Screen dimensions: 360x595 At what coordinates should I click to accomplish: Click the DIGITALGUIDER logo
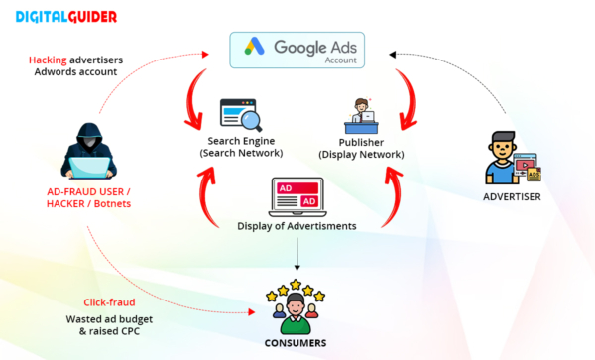67,17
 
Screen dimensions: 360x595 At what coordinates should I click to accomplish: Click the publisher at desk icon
358,116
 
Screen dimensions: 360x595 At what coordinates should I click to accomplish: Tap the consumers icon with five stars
297,308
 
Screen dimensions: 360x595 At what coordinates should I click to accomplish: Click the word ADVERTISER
512,196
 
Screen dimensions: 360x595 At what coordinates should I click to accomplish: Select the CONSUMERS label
297,343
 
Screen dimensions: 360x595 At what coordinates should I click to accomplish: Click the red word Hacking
48,60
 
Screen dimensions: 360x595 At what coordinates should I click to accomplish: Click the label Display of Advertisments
297,227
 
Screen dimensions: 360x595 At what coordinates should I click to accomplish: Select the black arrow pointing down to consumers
298,255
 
